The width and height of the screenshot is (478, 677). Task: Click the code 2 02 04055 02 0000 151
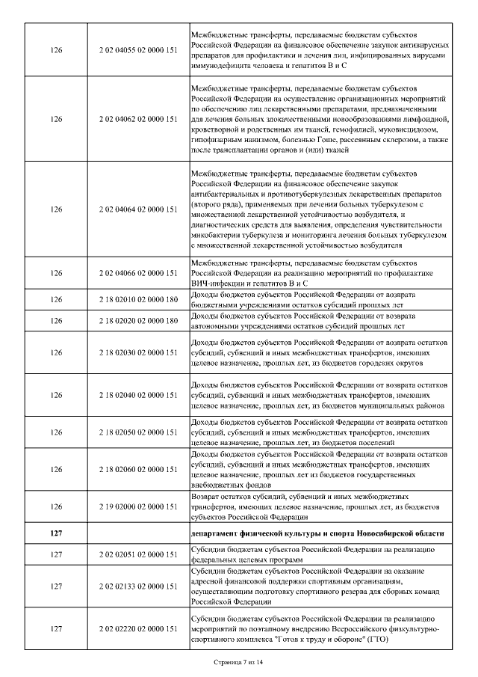pyautogui.click(x=137, y=50)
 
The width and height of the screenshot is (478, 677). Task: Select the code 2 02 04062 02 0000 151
pyautogui.click(x=137, y=119)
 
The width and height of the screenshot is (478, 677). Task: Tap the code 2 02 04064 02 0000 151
pyautogui.click(x=137, y=209)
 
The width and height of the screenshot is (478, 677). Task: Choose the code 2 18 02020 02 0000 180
pyautogui.click(x=137, y=321)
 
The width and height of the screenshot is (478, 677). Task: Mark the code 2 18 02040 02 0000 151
pyautogui.click(x=137, y=394)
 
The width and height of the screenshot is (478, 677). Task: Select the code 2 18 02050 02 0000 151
pyautogui.click(x=137, y=432)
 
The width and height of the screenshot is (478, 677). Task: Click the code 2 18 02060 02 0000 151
pyautogui.click(x=137, y=469)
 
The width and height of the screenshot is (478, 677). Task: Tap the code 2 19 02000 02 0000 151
pyautogui.click(x=137, y=506)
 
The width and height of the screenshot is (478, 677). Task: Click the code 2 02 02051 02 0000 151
pyautogui.click(x=137, y=554)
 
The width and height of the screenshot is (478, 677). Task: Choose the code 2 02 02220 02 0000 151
pyautogui.click(x=137, y=629)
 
